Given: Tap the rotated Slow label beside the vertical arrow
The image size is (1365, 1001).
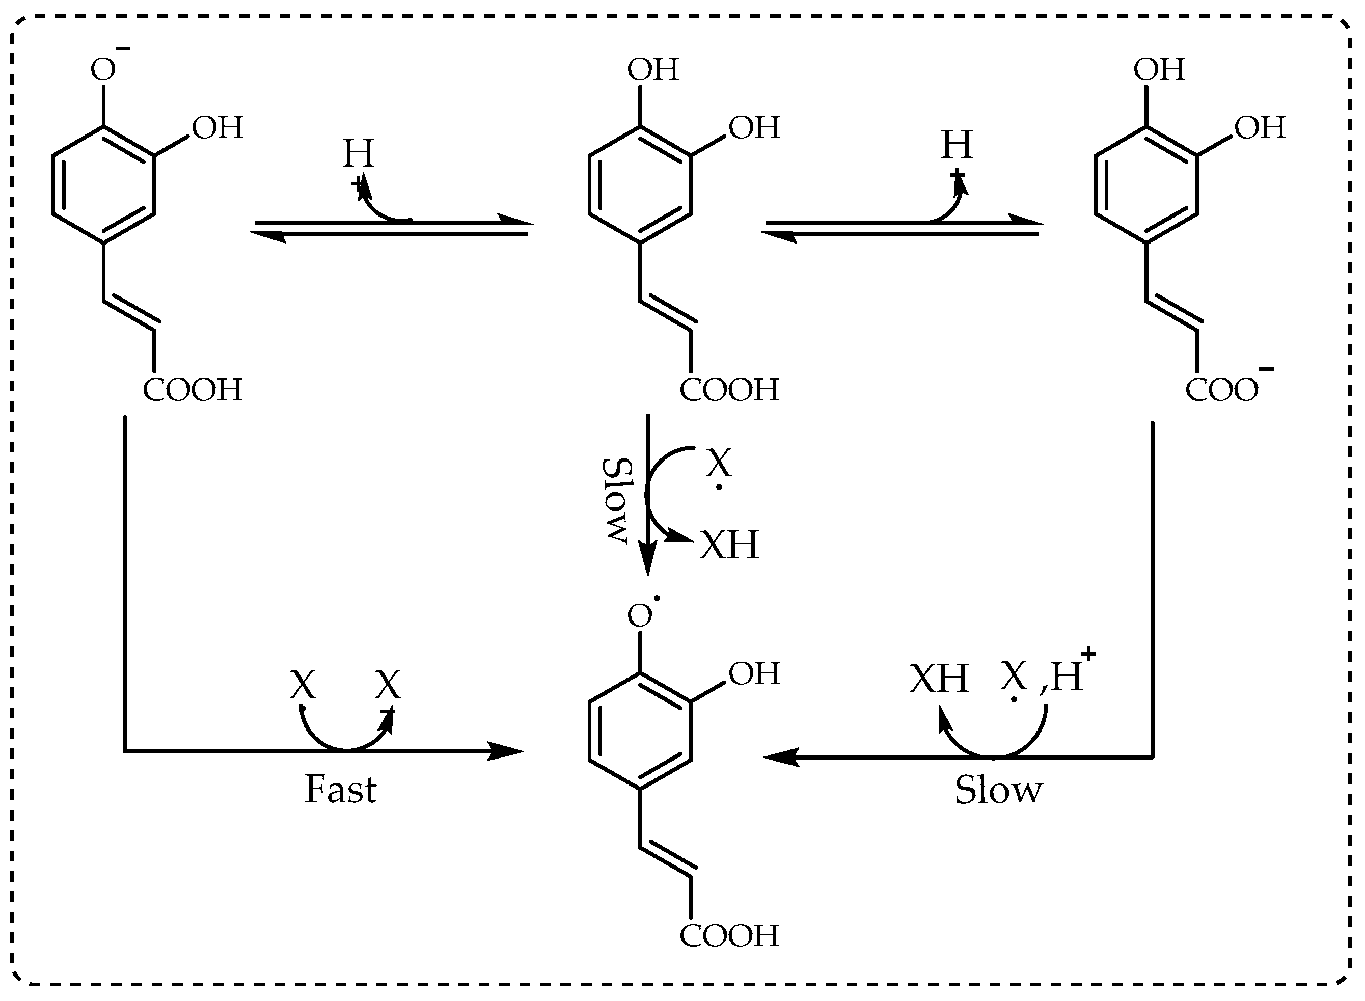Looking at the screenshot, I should tap(617, 500).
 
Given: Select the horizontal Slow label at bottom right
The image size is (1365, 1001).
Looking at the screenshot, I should tap(998, 790).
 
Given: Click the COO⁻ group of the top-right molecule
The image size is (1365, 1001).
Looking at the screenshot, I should tap(1224, 390).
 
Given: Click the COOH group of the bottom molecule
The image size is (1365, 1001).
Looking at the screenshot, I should tap(729, 936).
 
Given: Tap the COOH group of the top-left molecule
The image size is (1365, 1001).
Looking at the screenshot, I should tap(193, 390).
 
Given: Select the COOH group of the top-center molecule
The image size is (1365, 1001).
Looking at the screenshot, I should tap(729, 390).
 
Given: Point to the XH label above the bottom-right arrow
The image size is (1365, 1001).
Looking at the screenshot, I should tap(939, 679).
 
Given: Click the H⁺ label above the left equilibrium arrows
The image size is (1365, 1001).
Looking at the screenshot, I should tap(359, 156).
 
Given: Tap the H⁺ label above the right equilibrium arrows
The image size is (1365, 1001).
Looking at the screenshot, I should tap(957, 147).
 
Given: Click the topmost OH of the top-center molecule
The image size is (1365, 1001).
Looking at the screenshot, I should tap(653, 70).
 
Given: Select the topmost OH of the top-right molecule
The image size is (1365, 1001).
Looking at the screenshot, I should tap(1159, 70).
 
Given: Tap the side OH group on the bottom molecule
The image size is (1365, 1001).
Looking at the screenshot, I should tap(754, 674).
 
